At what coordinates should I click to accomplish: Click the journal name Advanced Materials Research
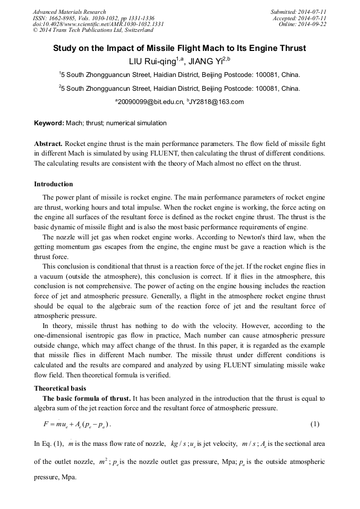coord(69,12)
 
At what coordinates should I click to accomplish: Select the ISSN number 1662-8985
coord(66,18)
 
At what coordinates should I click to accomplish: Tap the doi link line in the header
coord(98,24)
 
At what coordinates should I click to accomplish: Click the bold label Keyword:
coord(49,123)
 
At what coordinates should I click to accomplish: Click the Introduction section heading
coord(54,184)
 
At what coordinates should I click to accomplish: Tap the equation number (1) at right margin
coord(314,424)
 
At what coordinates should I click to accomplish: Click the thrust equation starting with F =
coord(76,425)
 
